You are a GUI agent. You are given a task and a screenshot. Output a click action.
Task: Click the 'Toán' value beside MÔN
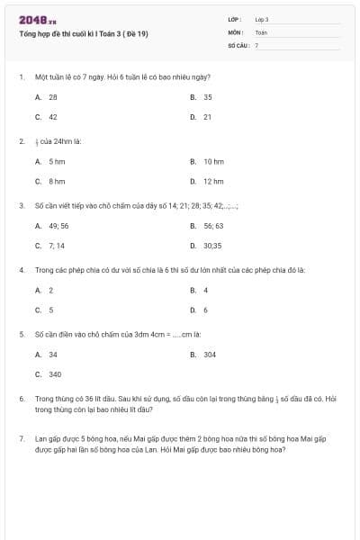[x=261, y=31]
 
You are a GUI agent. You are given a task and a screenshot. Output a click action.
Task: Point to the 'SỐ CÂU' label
[x=238, y=44]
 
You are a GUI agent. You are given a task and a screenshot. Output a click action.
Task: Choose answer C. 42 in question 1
[x=47, y=116]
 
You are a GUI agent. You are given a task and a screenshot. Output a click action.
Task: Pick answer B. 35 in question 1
[x=202, y=96]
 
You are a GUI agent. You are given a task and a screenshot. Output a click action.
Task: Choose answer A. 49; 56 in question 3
[x=52, y=225]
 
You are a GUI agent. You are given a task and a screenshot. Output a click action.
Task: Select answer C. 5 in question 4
[x=45, y=310]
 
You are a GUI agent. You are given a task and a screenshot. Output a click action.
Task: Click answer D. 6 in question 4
[x=200, y=310]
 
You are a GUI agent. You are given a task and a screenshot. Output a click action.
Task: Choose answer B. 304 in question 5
[x=203, y=355]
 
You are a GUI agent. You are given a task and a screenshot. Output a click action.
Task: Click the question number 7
[x=21, y=438]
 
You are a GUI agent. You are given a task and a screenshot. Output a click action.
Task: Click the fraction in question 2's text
[x=37, y=141]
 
